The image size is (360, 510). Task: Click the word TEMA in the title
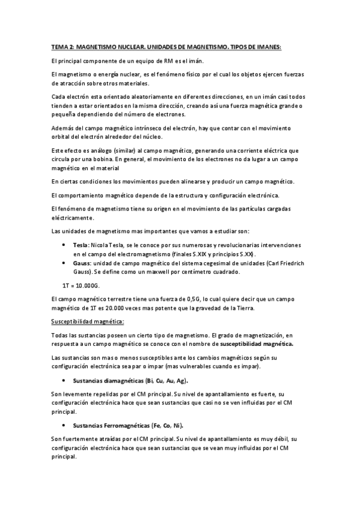click(x=59, y=46)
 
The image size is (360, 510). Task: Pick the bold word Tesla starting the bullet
click(x=80, y=229)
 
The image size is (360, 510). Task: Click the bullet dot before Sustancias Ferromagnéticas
click(x=64, y=425)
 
